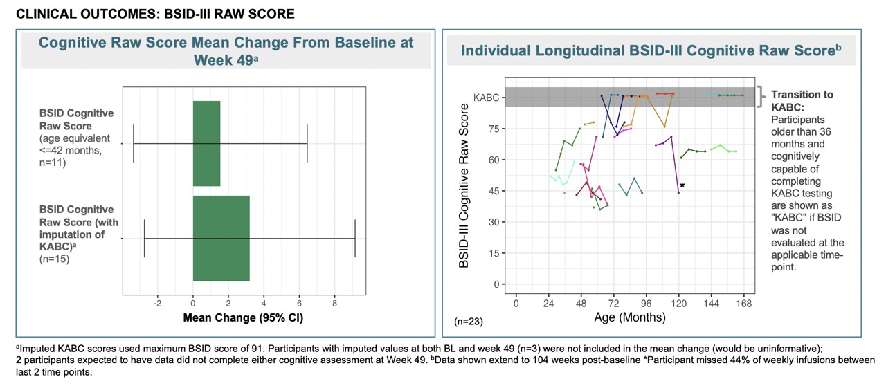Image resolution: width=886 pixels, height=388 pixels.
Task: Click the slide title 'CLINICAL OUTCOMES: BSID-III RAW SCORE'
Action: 156,13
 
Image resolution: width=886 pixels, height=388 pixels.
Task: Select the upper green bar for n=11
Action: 206,143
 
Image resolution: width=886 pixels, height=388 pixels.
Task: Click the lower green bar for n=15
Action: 221,238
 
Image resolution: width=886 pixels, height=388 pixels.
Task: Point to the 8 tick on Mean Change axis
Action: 334,302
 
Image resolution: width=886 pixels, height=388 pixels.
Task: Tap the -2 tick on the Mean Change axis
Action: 157,302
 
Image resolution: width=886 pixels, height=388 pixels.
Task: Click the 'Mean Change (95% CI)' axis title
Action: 243,318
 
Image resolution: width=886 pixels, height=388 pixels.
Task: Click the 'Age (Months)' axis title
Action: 630,318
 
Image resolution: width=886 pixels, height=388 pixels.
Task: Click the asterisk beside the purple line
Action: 682,185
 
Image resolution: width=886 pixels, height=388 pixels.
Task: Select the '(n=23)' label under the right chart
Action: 469,322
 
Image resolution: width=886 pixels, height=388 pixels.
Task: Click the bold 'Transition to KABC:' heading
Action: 802,101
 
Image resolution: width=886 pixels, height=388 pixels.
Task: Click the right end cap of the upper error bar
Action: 307,143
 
